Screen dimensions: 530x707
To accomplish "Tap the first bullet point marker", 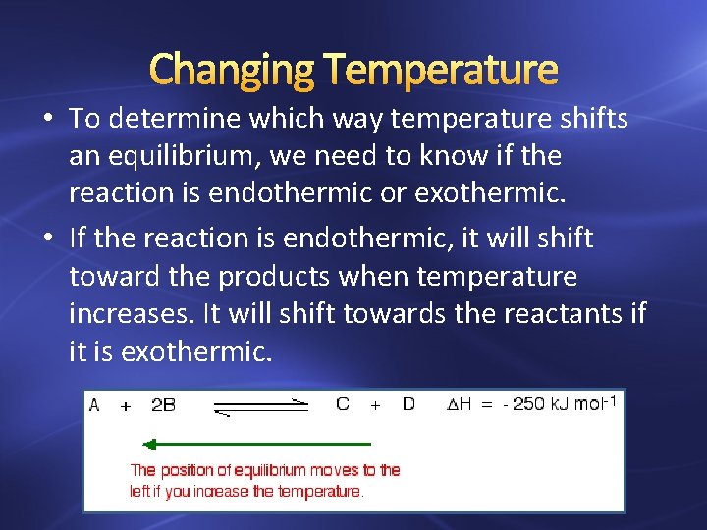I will [48, 120].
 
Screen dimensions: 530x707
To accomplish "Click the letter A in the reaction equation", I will [94, 404].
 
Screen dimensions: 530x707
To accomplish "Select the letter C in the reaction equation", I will [343, 404].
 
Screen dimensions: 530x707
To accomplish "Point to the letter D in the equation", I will [408, 404].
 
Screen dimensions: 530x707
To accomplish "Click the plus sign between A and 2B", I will [125, 405].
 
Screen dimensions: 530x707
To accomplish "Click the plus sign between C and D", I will [375, 405].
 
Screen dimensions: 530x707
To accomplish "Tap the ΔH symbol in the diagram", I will [460, 404].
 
